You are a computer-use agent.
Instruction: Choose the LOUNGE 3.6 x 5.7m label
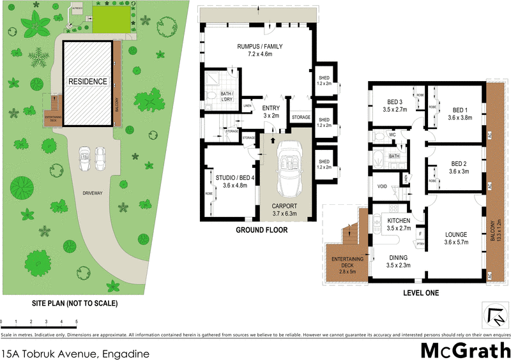[x=456, y=238]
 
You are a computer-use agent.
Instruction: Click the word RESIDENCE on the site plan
[x=88, y=82]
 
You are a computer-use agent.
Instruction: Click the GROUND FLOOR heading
[x=262, y=230]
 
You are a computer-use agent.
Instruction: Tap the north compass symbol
[x=493, y=315]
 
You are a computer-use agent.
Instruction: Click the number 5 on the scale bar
[x=77, y=321]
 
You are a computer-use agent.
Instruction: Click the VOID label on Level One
[x=383, y=186]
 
